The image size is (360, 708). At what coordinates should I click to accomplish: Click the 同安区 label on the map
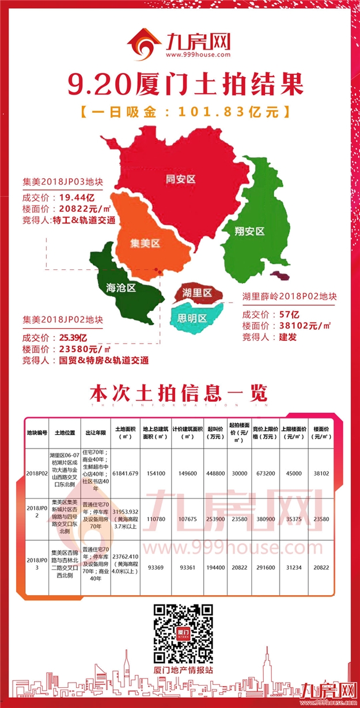point(180,179)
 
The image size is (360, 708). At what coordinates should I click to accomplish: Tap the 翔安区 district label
point(249,231)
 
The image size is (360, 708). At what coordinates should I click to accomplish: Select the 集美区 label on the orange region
point(145,243)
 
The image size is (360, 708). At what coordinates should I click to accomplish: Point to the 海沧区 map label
point(120,287)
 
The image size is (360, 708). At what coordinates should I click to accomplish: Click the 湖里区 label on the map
point(197,293)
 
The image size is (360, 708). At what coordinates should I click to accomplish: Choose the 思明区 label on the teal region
point(192,318)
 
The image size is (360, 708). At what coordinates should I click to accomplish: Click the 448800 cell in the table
point(216,473)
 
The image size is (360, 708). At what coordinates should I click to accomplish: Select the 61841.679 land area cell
point(126,473)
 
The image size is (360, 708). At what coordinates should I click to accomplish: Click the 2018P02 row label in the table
point(36,473)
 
